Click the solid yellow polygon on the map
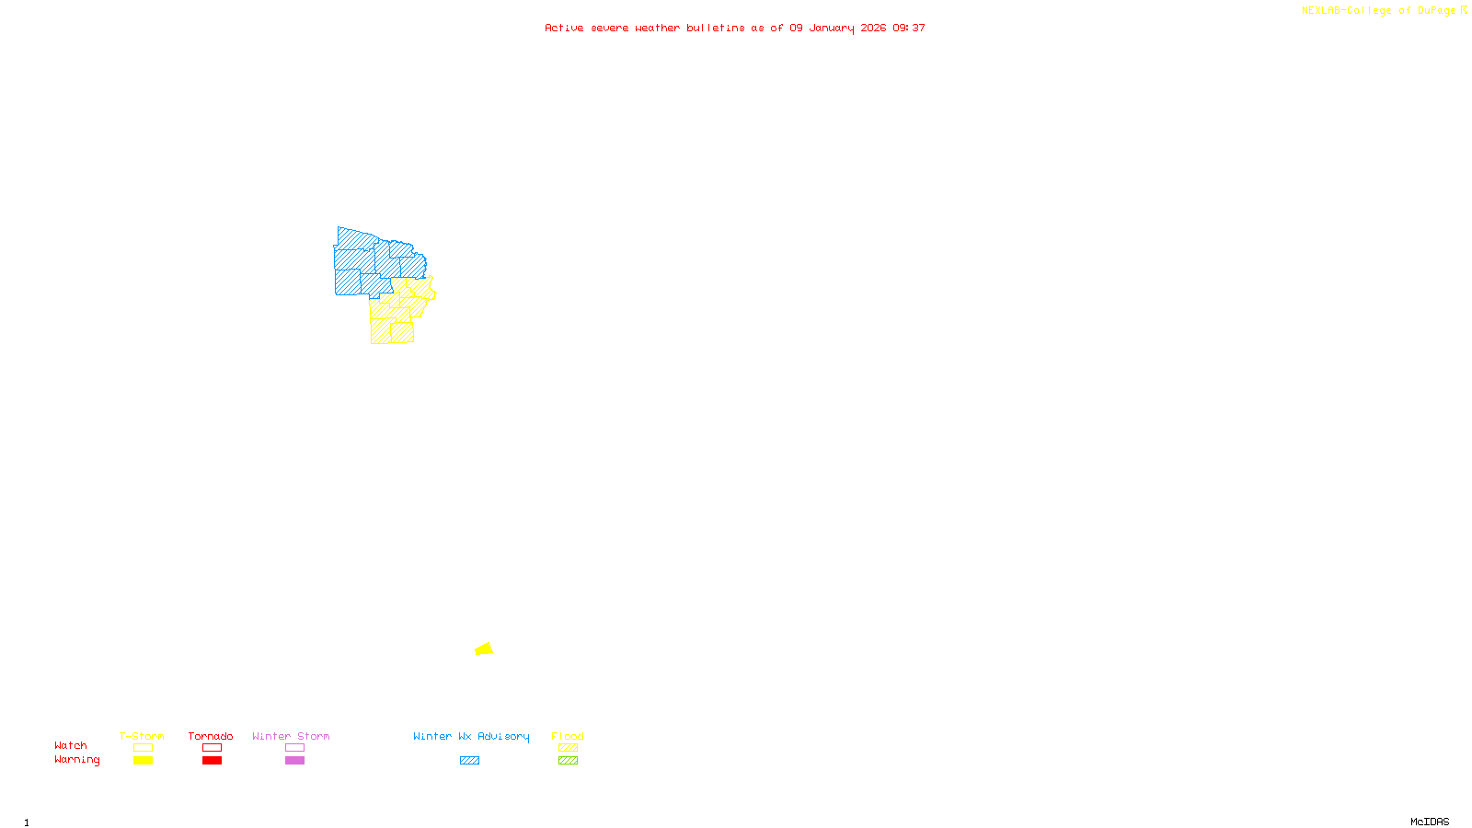click(484, 650)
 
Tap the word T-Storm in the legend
click(142, 736)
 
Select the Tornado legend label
click(211, 736)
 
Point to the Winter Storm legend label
click(291, 736)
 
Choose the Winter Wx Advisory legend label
click(471, 736)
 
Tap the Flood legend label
click(568, 736)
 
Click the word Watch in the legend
click(71, 746)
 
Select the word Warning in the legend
click(77, 760)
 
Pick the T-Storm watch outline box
click(143, 748)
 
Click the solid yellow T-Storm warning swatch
click(143, 761)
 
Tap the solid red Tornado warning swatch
click(212, 761)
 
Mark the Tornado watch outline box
click(212, 748)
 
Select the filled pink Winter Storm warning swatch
click(294, 761)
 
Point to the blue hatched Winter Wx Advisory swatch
click(469, 761)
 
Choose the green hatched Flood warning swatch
click(568, 761)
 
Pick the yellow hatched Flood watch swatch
click(568, 748)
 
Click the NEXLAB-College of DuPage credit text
click(1379, 11)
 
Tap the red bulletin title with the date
click(735, 29)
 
